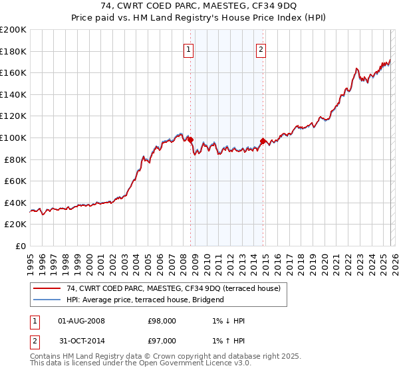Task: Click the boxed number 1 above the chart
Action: tap(189, 49)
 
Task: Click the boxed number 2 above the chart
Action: tap(261, 49)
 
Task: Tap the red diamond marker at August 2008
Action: tap(190, 139)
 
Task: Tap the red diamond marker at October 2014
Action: tap(263, 141)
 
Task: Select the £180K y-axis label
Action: tap(13, 51)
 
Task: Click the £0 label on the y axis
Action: tap(20, 246)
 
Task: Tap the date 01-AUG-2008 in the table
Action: tap(81, 321)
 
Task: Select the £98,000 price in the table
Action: tap(162, 321)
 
